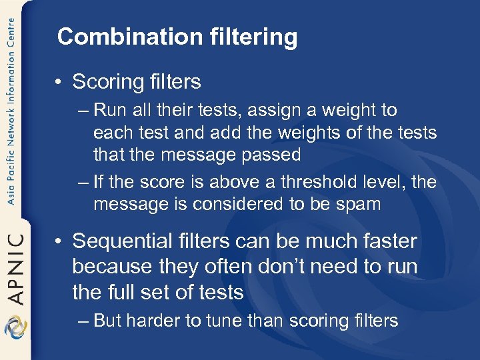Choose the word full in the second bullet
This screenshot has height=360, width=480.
121,292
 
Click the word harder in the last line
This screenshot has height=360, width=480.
154,321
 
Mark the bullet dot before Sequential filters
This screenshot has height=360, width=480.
59,241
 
